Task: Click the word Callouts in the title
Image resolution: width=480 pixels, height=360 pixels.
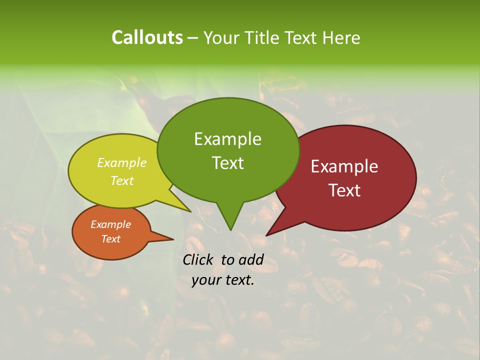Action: [147, 37]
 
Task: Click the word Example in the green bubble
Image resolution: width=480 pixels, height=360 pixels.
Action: [227, 139]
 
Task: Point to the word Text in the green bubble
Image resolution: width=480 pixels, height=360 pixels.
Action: [227, 163]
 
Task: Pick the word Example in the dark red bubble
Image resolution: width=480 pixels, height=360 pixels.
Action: [344, 166]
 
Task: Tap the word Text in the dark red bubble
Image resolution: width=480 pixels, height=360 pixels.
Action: [344, 190]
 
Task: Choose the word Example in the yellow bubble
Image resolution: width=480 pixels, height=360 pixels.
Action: [121, 163]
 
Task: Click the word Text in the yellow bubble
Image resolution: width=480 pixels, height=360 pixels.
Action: [121, 180]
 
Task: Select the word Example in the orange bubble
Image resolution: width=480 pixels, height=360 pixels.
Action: [110, 224]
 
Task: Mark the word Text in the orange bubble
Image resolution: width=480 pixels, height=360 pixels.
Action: [110, 239]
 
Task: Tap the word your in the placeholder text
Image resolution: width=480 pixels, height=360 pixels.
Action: [204, 280]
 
